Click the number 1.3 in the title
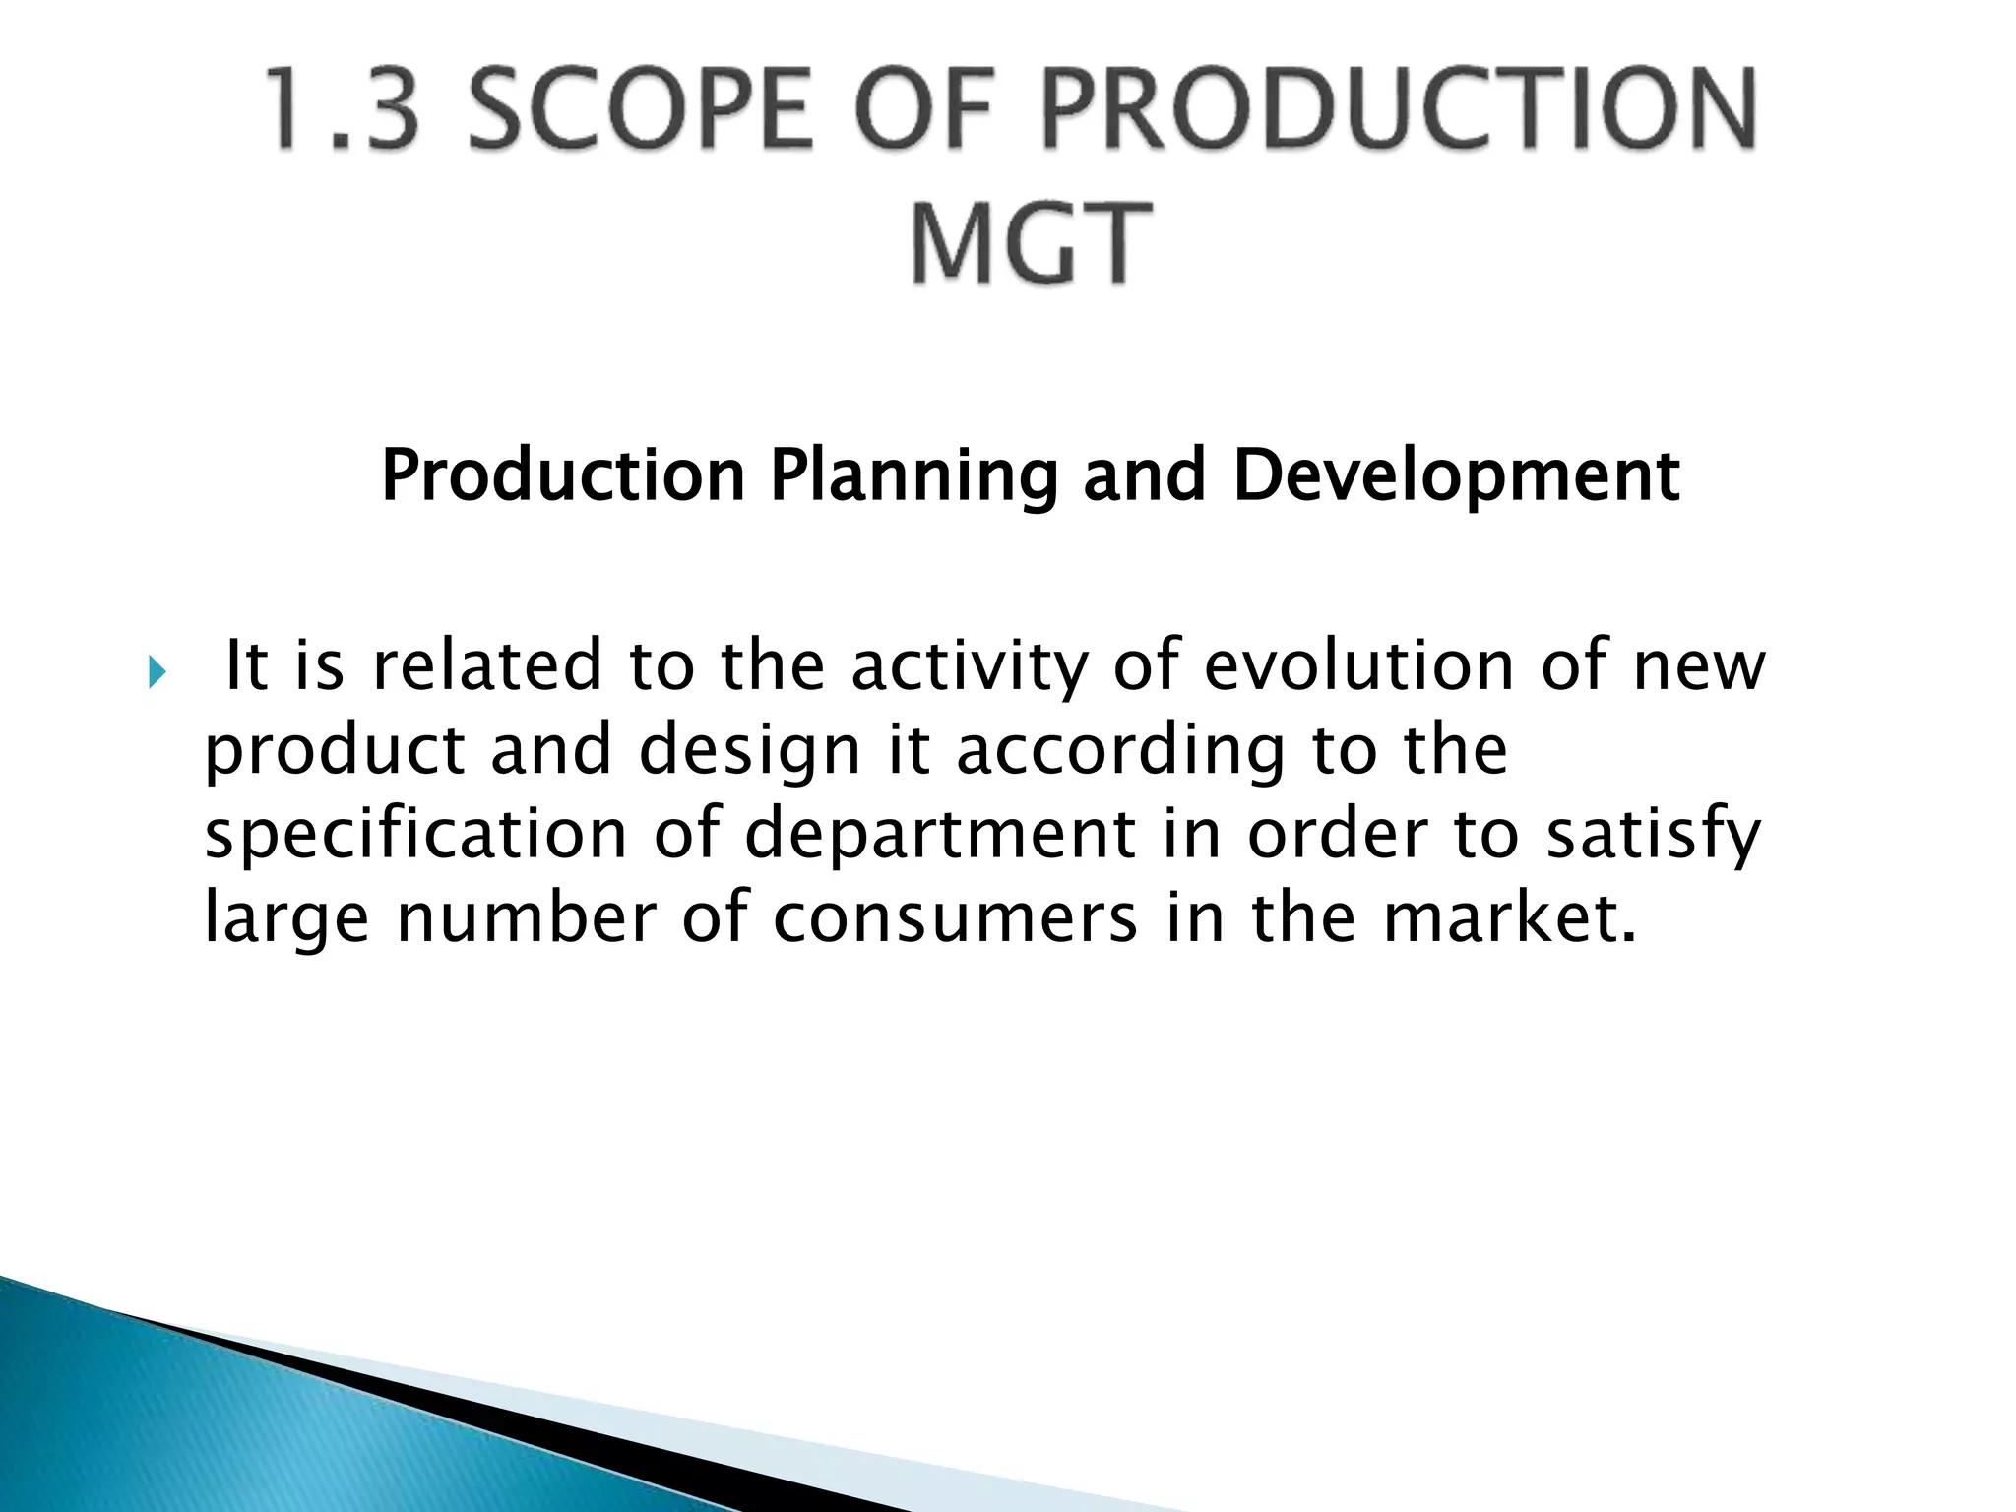pos(344,109)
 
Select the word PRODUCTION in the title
pos(1398,109)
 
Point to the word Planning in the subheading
pos(913,476)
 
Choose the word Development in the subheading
pos(1456,476)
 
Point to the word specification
pos(415,836)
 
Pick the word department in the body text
pos(939,836)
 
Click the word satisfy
pos(1654,836)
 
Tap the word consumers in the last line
pos(955,917)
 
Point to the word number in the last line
pos(527,917)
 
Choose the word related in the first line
pos(487,665)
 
